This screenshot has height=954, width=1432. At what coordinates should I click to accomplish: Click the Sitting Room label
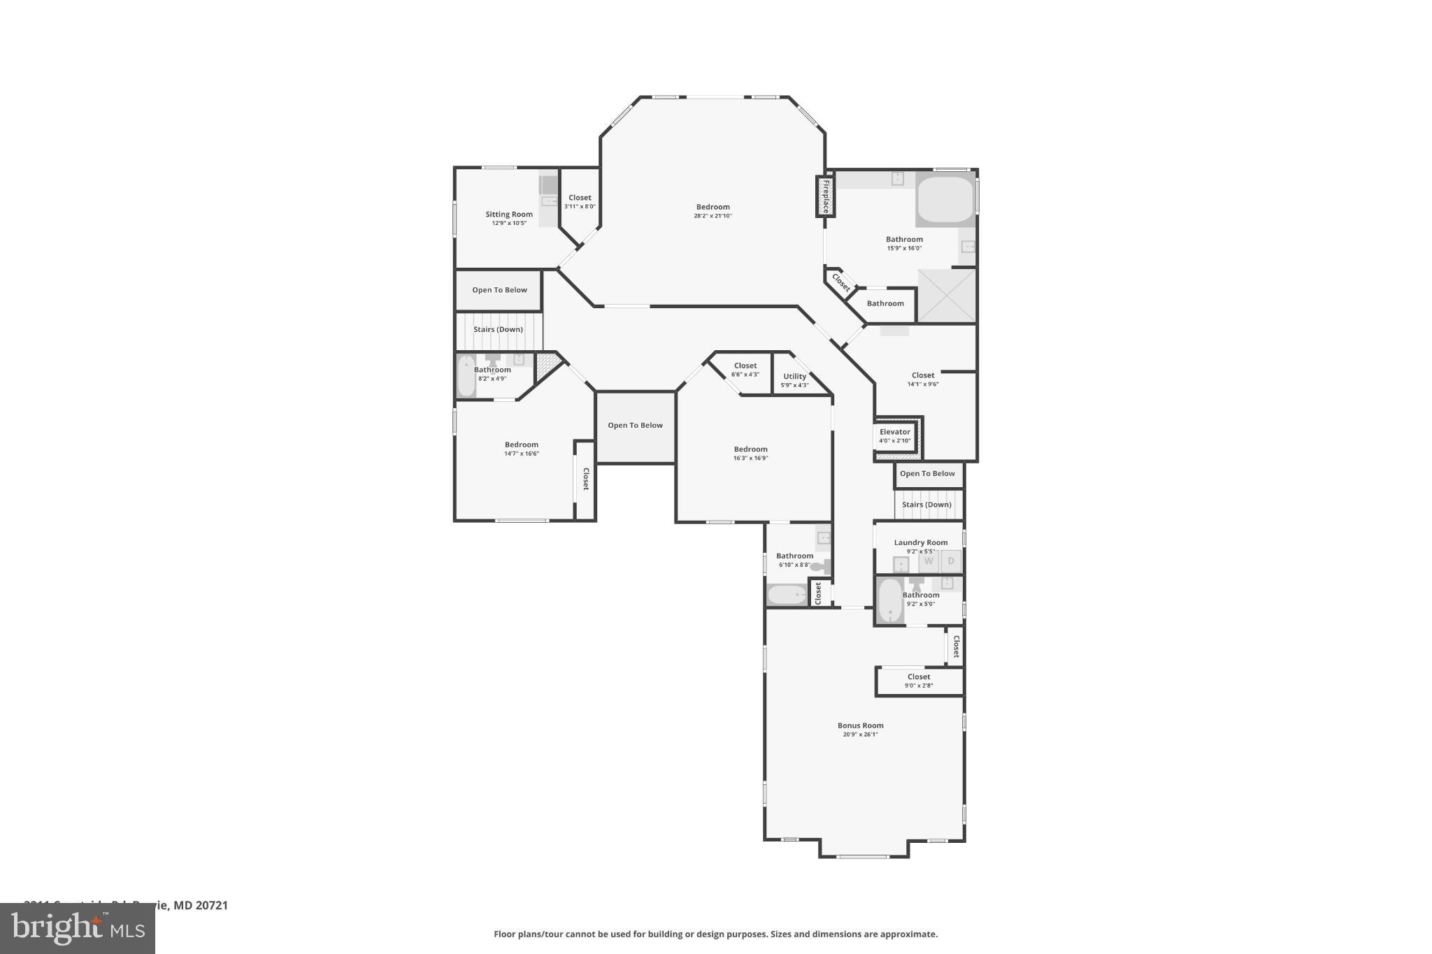509,215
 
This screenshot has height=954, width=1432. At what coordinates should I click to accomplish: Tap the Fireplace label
826,196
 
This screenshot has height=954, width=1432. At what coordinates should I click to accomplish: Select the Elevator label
895,432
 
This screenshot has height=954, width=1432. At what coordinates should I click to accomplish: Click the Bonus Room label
860,725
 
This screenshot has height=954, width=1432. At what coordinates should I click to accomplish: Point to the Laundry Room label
920,542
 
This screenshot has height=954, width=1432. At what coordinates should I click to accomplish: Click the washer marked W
929,561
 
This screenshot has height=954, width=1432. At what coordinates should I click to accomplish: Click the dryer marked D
951,561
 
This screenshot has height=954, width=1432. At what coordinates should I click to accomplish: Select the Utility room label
794,376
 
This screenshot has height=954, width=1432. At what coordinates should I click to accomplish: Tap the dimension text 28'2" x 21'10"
713,216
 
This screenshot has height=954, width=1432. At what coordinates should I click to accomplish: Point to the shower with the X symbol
946,296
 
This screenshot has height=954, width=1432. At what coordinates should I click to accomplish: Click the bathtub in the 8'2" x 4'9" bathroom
466,376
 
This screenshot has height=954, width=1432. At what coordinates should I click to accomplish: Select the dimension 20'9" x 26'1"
860,735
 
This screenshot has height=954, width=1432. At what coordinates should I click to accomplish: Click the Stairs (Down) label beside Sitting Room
498,329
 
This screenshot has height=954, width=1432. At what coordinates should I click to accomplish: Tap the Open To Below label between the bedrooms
635,425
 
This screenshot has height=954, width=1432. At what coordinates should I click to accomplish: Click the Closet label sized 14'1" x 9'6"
923,375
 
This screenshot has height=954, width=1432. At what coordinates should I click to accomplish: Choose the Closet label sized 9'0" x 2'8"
919,677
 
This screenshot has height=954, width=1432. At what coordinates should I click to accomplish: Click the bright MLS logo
78,928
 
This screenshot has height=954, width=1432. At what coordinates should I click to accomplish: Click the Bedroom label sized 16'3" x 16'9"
750,449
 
